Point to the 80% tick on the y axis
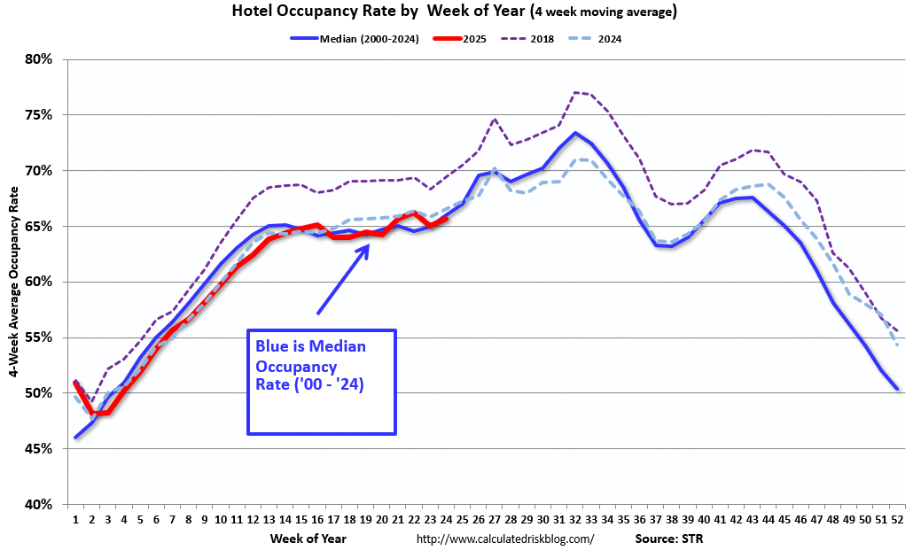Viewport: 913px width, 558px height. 40,60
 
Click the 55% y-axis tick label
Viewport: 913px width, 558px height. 40,338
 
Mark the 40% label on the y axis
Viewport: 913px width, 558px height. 40,505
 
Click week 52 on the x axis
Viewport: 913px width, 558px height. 899,520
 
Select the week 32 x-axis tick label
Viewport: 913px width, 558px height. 575,520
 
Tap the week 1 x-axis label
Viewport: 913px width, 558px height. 75,520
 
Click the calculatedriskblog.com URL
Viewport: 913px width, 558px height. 504,539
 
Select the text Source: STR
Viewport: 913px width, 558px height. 668,539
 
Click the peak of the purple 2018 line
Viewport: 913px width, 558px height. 575,92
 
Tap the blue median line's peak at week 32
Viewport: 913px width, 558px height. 575,134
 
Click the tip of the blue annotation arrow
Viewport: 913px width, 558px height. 369,244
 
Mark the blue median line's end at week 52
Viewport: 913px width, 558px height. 898,389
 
